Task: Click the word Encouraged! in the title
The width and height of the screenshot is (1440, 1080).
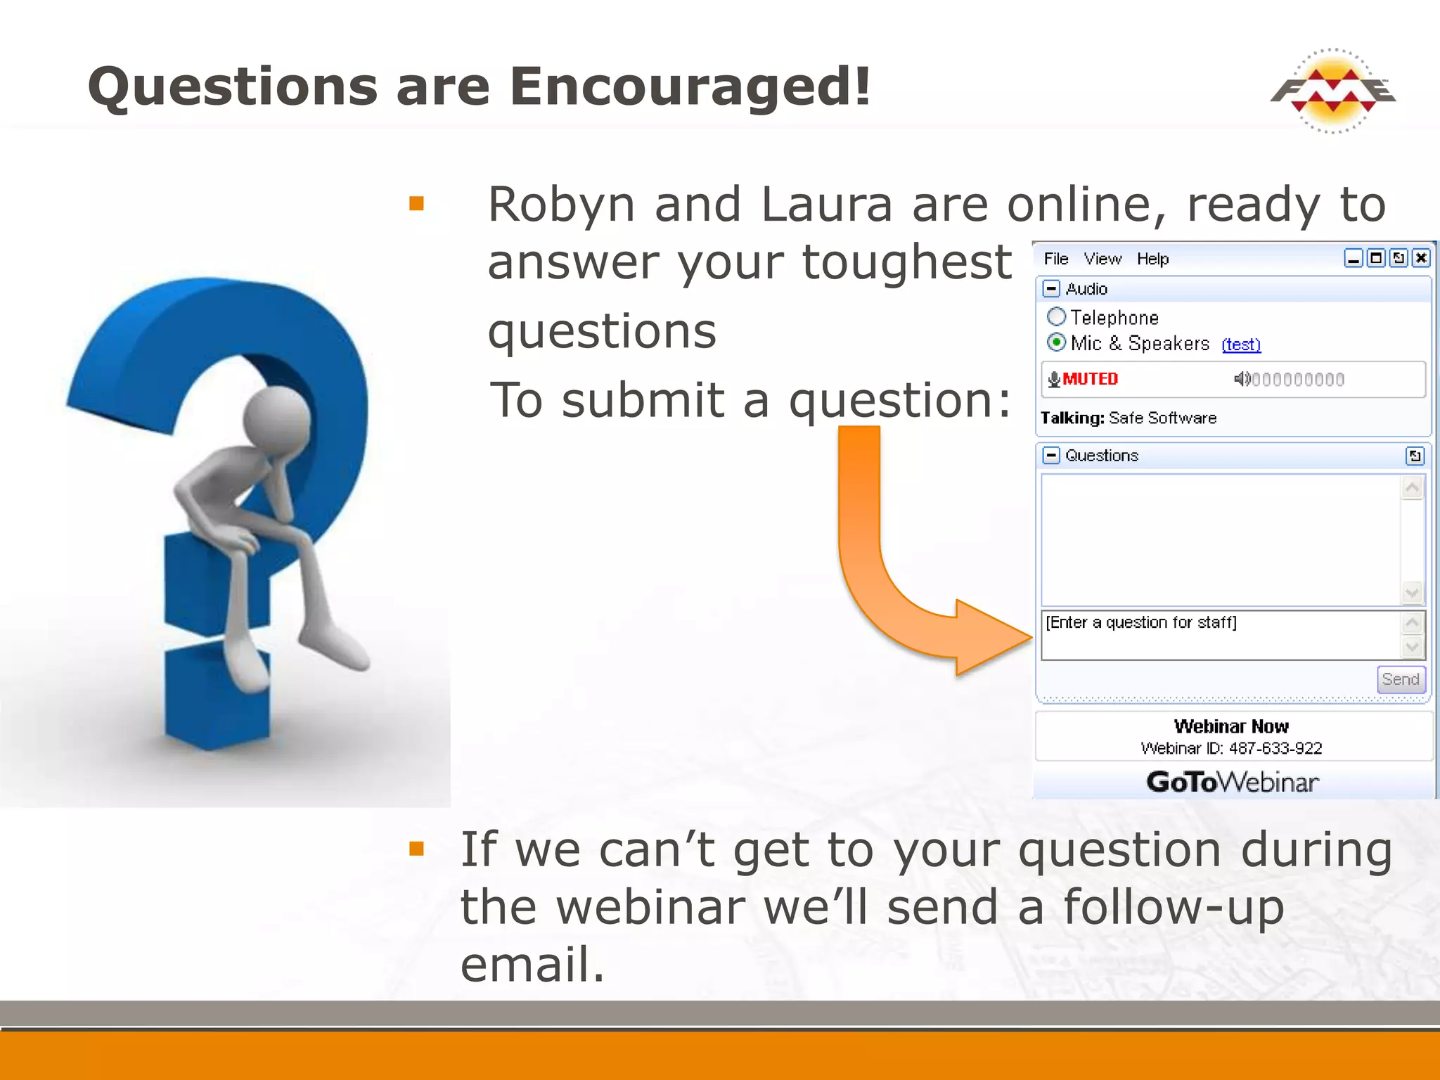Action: click(690, 86)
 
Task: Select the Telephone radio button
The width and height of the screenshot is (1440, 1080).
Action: click(1056, 317)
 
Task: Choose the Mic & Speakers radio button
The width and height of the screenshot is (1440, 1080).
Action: click(1056, 342)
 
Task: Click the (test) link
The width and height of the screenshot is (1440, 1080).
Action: click(1241, 345)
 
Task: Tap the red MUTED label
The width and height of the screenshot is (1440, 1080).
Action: click(1090, 379)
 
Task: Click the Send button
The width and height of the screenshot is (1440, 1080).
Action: click(1400, 679)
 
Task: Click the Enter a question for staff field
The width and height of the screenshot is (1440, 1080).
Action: click(1220, 635)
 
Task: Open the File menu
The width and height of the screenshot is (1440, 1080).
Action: click(1055, 259)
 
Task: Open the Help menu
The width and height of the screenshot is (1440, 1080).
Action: click(1152, 259)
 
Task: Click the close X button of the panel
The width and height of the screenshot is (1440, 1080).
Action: click(1421, 258)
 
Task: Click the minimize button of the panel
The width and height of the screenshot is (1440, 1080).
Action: click(1353, 258)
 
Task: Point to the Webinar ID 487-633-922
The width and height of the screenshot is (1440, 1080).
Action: click(1231, 748)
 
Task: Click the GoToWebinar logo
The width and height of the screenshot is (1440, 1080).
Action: click(1232, 782)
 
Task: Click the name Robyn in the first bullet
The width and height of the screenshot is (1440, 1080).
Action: click(562, 205)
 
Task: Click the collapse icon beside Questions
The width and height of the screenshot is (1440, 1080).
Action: click(1051, 456)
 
